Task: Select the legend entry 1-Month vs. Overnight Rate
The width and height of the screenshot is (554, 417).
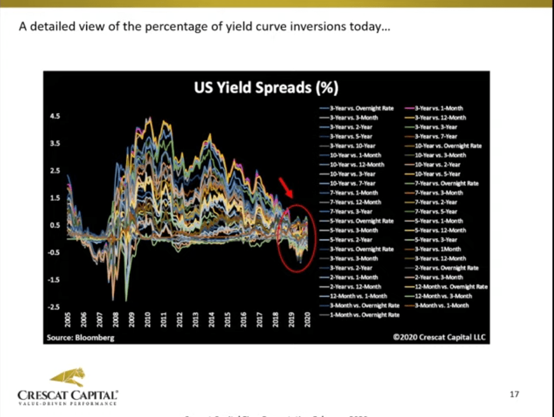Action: [364, 315]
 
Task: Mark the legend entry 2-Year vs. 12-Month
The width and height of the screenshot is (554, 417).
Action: [355, 287]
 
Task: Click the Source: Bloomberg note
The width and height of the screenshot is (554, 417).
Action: [72, 337]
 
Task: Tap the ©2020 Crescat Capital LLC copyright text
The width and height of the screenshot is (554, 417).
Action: [439, 337]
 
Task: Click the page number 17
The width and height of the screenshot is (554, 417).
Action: [514, 395]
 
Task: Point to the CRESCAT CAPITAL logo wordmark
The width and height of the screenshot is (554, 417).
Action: [67, 394]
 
